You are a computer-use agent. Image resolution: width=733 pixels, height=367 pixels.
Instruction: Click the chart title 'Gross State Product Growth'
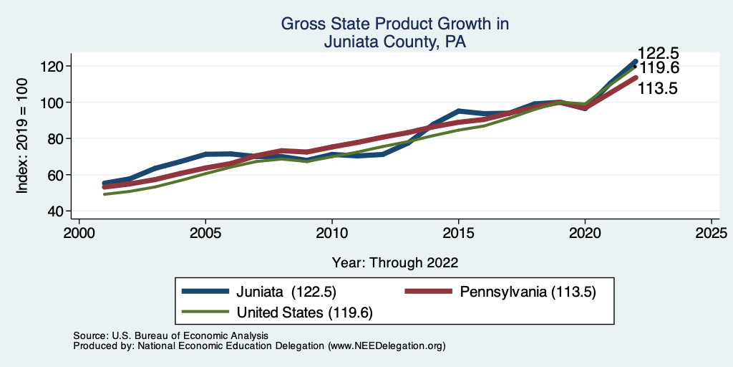click(x=394, y=24)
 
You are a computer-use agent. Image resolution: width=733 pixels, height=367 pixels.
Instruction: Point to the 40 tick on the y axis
click(x=58, y=211)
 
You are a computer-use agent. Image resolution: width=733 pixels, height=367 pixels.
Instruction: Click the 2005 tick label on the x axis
click(x=205, y=234)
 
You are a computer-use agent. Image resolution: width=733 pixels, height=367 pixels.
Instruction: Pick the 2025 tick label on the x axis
click(x=712, y=234)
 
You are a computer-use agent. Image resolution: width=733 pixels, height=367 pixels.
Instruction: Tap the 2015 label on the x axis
click(x=458, y=234)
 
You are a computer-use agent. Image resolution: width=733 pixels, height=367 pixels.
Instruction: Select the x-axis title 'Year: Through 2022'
click(x=394, y=262)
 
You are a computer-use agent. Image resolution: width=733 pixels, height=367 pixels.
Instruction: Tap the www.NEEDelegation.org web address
click(x=387, y=345)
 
